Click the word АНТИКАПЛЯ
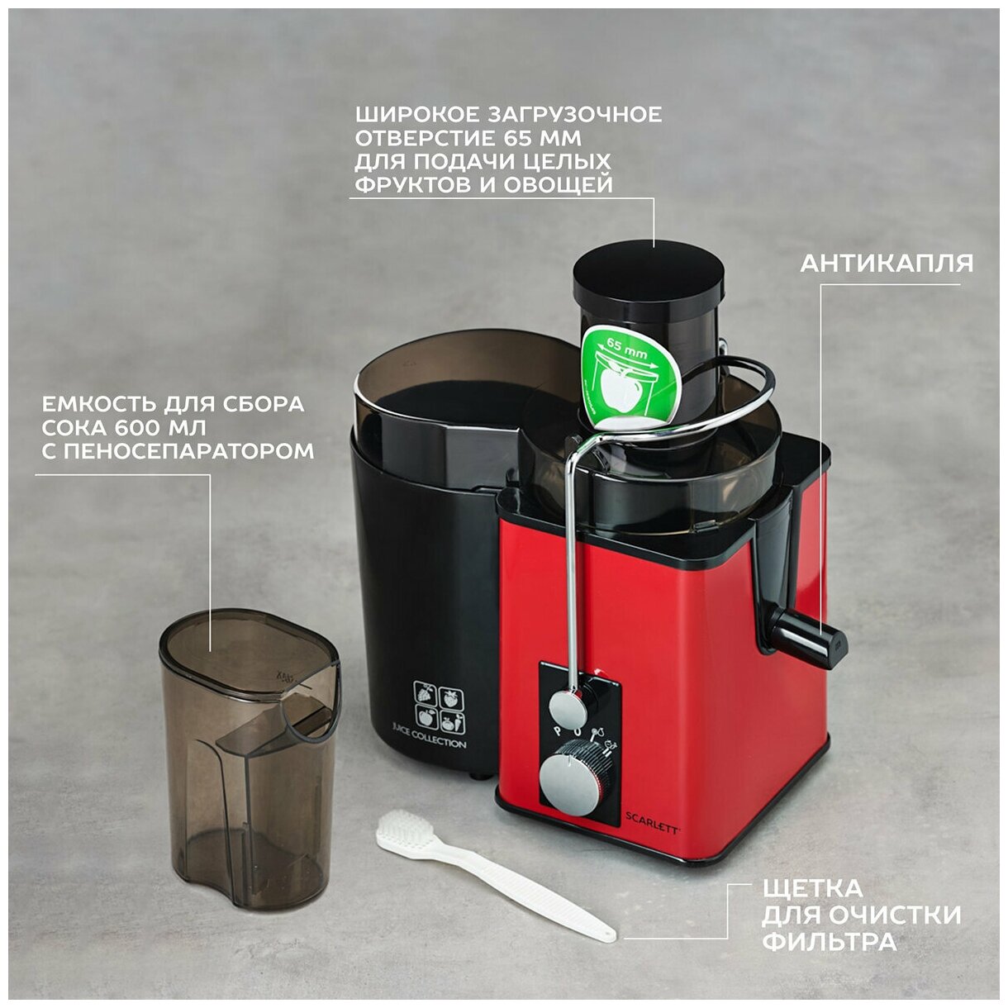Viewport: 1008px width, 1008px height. click(x=886, y=264)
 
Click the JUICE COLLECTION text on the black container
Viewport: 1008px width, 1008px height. click(x=429, y=740)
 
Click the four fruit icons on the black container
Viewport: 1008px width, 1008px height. click(x=438, y=706)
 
